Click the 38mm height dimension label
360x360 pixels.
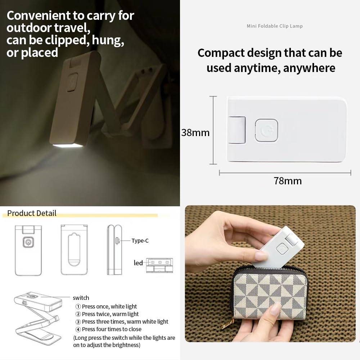(x=195, y=133)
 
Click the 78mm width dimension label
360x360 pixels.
(x=288, y=181)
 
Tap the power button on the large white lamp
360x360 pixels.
(x=266, y=130)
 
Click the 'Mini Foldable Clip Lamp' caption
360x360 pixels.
(x=275, y=26)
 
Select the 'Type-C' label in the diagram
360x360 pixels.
(x=140, y=240)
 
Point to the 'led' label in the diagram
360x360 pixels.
(x=138, y=263)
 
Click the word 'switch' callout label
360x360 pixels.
(x=81, y=298)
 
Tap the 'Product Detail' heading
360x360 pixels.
(x=32, y=213)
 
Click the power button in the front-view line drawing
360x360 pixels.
(x=28, y=242)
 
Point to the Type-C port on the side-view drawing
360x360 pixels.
(x=117, y=241)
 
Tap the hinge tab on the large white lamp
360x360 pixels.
(x=237, y=130)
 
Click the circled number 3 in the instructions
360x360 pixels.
(x=78, y=322)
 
